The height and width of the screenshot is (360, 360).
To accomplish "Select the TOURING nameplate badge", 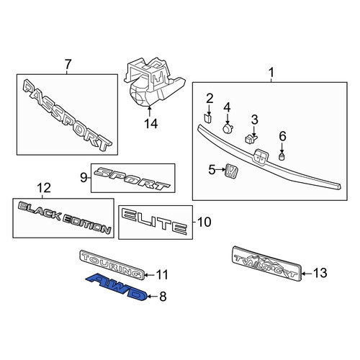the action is point(112,265).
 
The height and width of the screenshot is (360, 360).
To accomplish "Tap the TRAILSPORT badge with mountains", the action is point(266,264).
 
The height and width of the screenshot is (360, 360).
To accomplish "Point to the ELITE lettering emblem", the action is point(155,221).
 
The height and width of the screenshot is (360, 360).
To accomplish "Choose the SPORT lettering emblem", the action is point(132,179).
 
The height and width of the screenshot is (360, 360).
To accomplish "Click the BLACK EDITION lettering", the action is point(64,217).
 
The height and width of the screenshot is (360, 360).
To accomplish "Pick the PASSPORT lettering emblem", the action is point(67,115).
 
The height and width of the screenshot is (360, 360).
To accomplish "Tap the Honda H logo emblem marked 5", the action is point(232,171).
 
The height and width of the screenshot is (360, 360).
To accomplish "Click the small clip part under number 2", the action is point(207,118).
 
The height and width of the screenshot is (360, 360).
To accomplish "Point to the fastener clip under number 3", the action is point(251,139).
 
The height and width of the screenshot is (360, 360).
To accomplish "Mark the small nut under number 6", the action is point(282,157).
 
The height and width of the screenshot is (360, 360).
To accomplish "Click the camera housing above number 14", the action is point(153,81).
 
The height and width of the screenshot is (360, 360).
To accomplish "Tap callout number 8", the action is point(163,297).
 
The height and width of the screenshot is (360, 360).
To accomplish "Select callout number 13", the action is point(320,273).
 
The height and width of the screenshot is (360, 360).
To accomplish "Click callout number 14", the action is point(151,124).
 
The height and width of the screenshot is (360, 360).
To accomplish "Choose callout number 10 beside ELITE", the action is point(204,222).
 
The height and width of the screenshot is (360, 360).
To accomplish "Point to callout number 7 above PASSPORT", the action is point(68,64).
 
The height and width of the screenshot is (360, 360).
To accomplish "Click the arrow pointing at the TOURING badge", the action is point(150,275).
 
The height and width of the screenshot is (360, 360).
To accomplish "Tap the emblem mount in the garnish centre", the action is point(261,157).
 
